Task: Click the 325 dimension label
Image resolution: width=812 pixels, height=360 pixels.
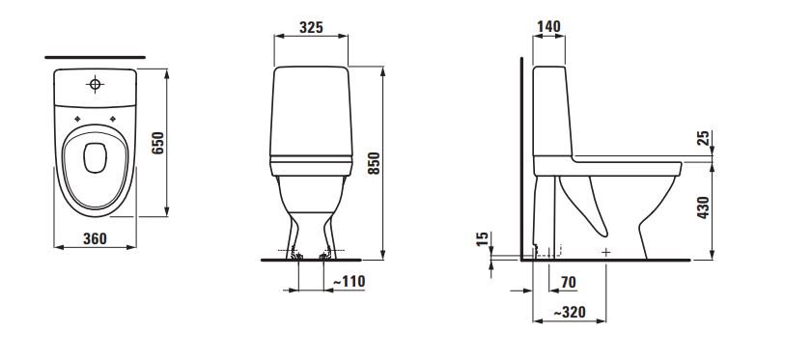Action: coord(311,27)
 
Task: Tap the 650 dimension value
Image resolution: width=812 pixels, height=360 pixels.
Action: coord(158,143)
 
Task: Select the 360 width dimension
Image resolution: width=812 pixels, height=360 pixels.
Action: coord(95,238)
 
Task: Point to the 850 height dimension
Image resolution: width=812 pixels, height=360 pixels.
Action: coord(374,163)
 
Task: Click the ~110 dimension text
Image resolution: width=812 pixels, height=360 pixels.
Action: coord(349,281)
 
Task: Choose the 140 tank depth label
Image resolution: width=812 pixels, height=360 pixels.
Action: coord(549,26)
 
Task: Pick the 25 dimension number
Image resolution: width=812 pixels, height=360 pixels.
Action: coord(704,138)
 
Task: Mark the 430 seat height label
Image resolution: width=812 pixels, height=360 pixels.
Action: coord(703,208)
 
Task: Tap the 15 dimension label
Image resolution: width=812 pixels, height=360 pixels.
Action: coord(482,238)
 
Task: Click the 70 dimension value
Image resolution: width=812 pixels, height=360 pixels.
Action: coord(568,282)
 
